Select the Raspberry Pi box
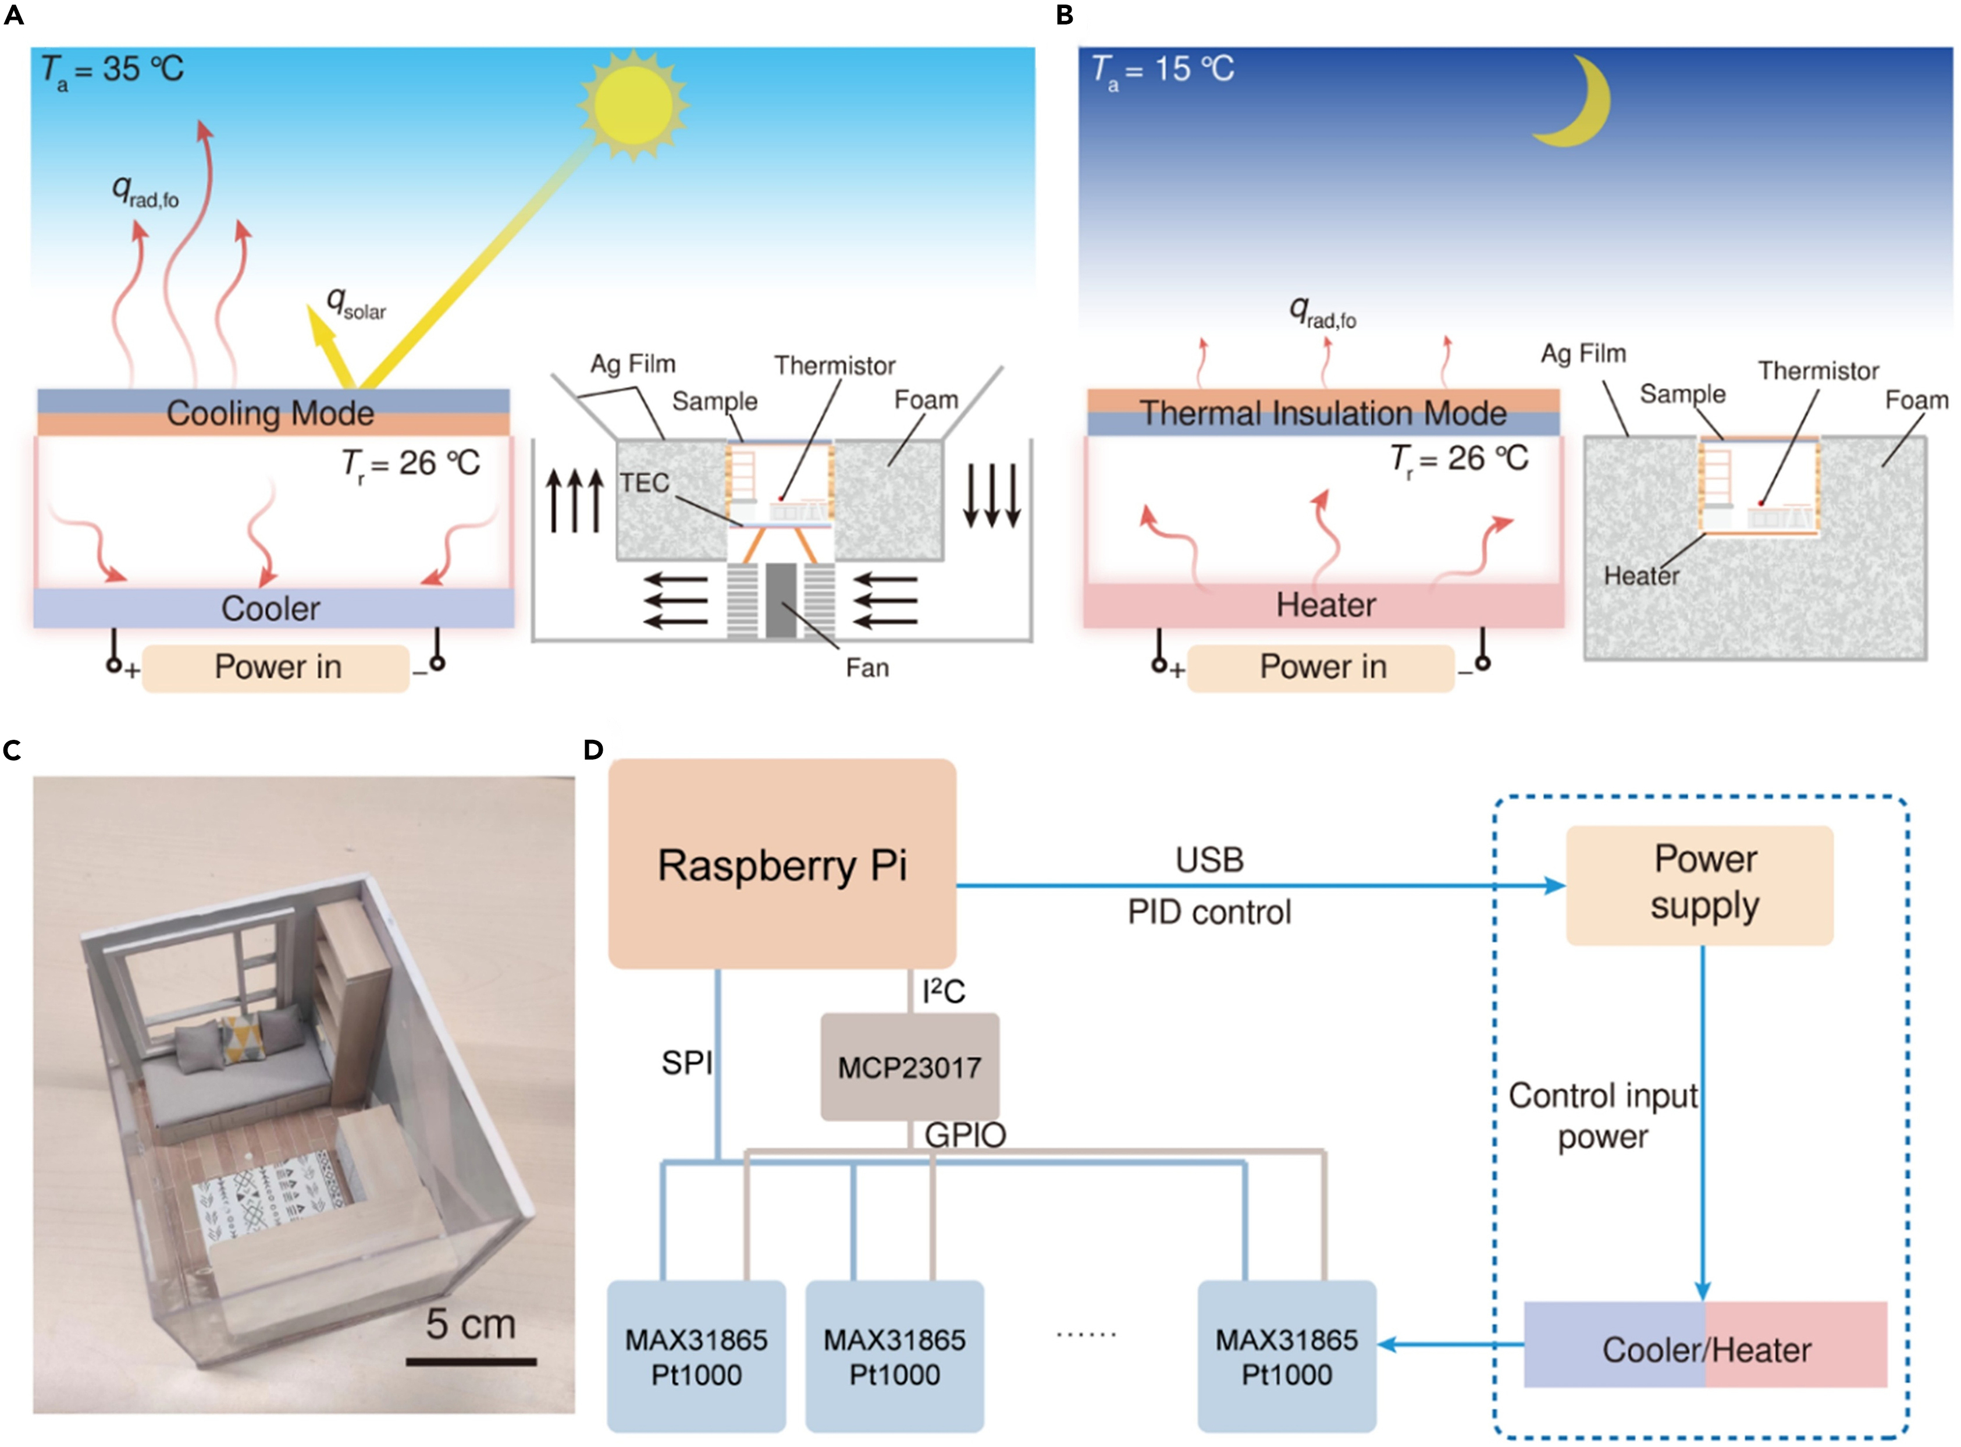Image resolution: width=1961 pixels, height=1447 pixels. click(x=782, y=864)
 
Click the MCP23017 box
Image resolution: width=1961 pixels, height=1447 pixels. click(x=910, y=1067)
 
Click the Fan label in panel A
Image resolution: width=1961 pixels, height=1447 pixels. click(x=867, y=668)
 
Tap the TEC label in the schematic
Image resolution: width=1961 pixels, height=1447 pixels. click(x=645, y=483)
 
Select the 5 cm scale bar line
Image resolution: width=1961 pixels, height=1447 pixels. click(x=471, y=1361)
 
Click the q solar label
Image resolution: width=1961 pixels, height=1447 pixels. click(x=355, y=304)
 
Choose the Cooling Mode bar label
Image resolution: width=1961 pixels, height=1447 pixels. click(x=271, y=413)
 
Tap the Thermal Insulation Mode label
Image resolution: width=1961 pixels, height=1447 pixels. click(x=1323, y=413)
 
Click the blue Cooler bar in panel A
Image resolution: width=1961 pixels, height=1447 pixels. click(x=272, y=608)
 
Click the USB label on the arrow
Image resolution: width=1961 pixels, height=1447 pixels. click(x=1209, y=860)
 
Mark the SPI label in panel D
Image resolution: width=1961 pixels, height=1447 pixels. click(x=686, y=1062)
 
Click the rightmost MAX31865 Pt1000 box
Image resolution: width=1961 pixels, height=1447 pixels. click(x=1286, y=1356)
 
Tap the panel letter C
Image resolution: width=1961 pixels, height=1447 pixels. click(x=12, y=751)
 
